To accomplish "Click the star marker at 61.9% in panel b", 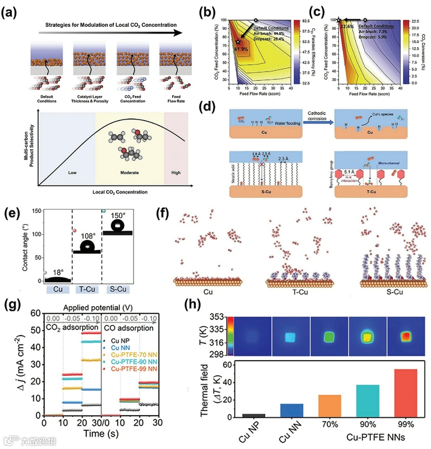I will pos(238,42).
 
